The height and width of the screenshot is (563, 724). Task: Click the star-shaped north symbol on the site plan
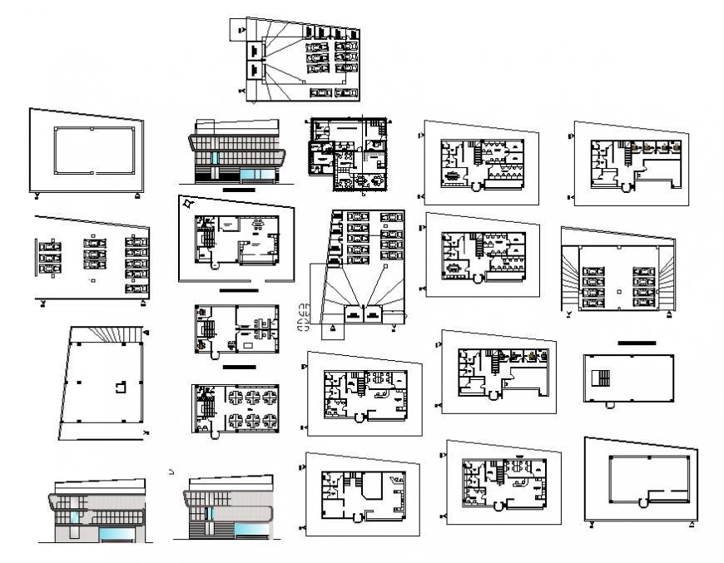(x=191, y=202)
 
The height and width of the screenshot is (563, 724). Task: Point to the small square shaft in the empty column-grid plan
(x=121, y=388)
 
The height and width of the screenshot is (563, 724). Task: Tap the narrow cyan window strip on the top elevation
(x=215, y=158)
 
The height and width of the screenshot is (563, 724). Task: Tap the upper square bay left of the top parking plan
(x=253, y=50)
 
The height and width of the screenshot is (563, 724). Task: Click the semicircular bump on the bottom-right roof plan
(x=642, y=503)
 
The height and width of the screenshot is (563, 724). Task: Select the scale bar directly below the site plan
(x=241, y=292)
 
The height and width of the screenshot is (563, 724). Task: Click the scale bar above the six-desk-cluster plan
(x=241, y=366)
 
